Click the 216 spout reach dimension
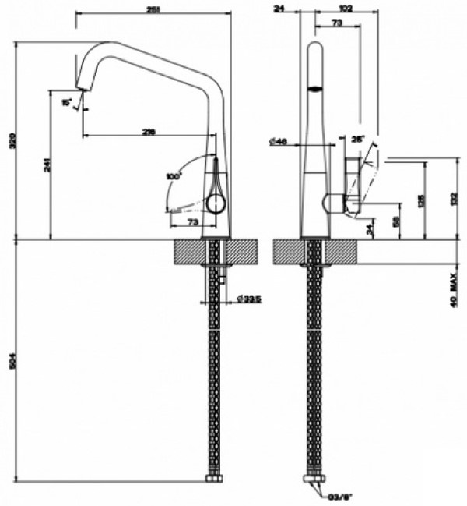tap(149, 132)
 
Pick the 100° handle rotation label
tap(173, 176)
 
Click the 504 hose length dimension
tap(11, 362)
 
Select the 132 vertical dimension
tap(455, 200)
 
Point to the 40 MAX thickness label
tap(454, 289)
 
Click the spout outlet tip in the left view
tap(79, 89)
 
